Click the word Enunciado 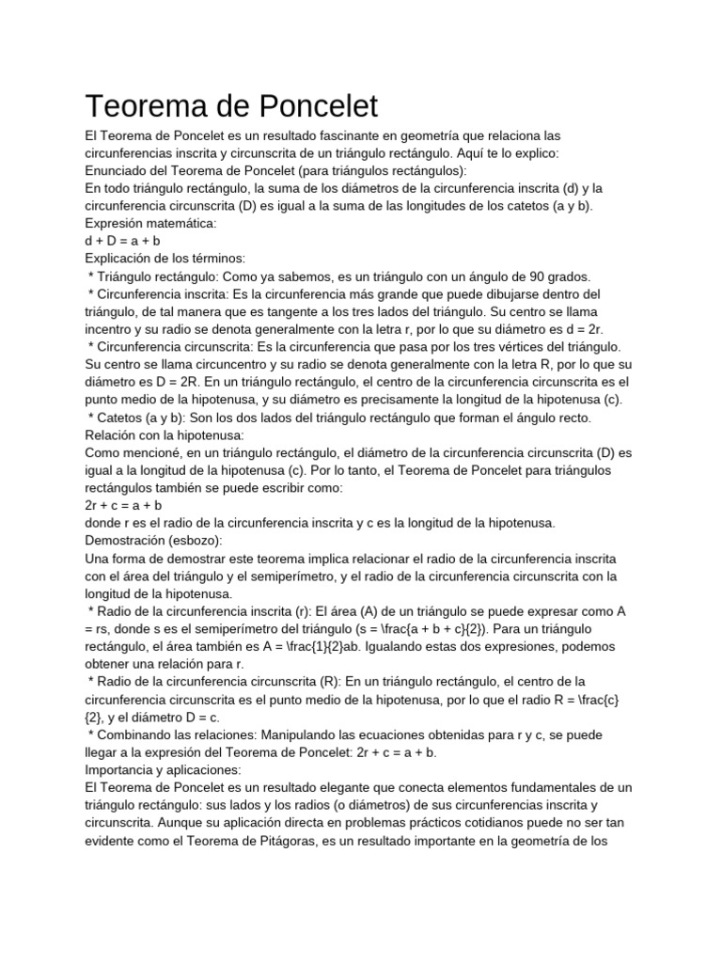click(118, 170)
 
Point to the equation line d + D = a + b click(122, 241)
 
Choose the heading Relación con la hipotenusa click(165, 434)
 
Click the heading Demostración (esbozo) click(153, 540)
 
